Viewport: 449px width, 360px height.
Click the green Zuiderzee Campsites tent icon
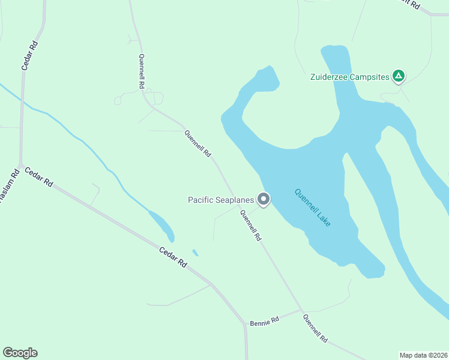[398, 76]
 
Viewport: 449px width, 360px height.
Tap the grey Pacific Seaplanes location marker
[263, 199]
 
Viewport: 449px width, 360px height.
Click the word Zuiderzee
[330, 77]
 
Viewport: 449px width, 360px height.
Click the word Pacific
[201, 200]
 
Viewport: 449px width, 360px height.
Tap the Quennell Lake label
[313, 208]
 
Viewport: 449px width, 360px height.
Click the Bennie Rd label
[265, 321]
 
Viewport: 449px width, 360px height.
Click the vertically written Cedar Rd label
[29, 56]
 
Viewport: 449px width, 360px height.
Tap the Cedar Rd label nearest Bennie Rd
[173, 257]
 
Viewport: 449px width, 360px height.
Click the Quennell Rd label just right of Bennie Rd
[315, 329]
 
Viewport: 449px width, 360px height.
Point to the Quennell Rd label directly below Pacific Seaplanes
[250, 226]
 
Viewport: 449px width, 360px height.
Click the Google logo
[20, 353]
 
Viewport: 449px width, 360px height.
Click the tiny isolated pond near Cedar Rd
[194, 253]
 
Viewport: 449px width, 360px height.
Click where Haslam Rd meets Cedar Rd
[20, 166]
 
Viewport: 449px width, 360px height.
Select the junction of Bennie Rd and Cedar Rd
[245, 326]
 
